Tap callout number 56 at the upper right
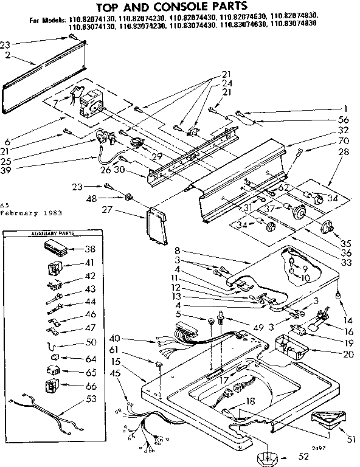pyautogui.click(x=342, y=120)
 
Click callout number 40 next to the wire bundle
pyautogui.click(x=115, y=338)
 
